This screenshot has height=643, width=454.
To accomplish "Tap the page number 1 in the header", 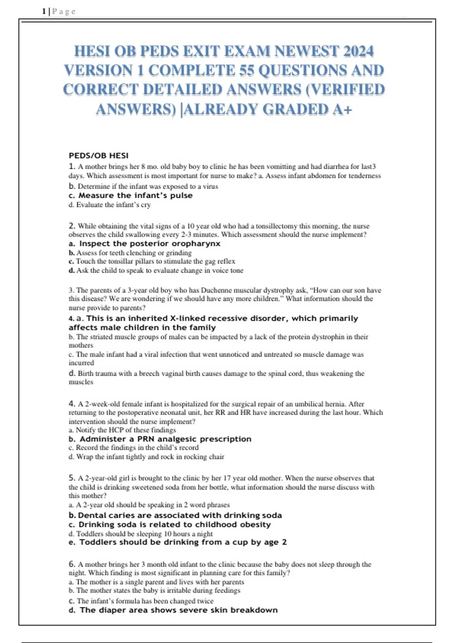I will [x=44, y=11].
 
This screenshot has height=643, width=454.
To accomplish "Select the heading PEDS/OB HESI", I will [x=98, y=155].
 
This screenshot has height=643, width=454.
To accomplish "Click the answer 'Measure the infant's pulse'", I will [x=135, y=196].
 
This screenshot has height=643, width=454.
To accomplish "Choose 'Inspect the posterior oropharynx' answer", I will [x=149, y=244].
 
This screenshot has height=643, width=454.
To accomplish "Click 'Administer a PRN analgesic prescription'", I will [x=165, y=439].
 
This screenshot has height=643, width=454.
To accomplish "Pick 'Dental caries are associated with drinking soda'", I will [x=180, y=515].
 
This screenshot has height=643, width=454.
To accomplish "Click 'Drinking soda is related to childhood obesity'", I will [x=174, y=525].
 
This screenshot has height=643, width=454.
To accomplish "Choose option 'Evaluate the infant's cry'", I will [x=113, y=205].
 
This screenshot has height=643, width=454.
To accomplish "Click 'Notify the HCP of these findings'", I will [x=126, y=430].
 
